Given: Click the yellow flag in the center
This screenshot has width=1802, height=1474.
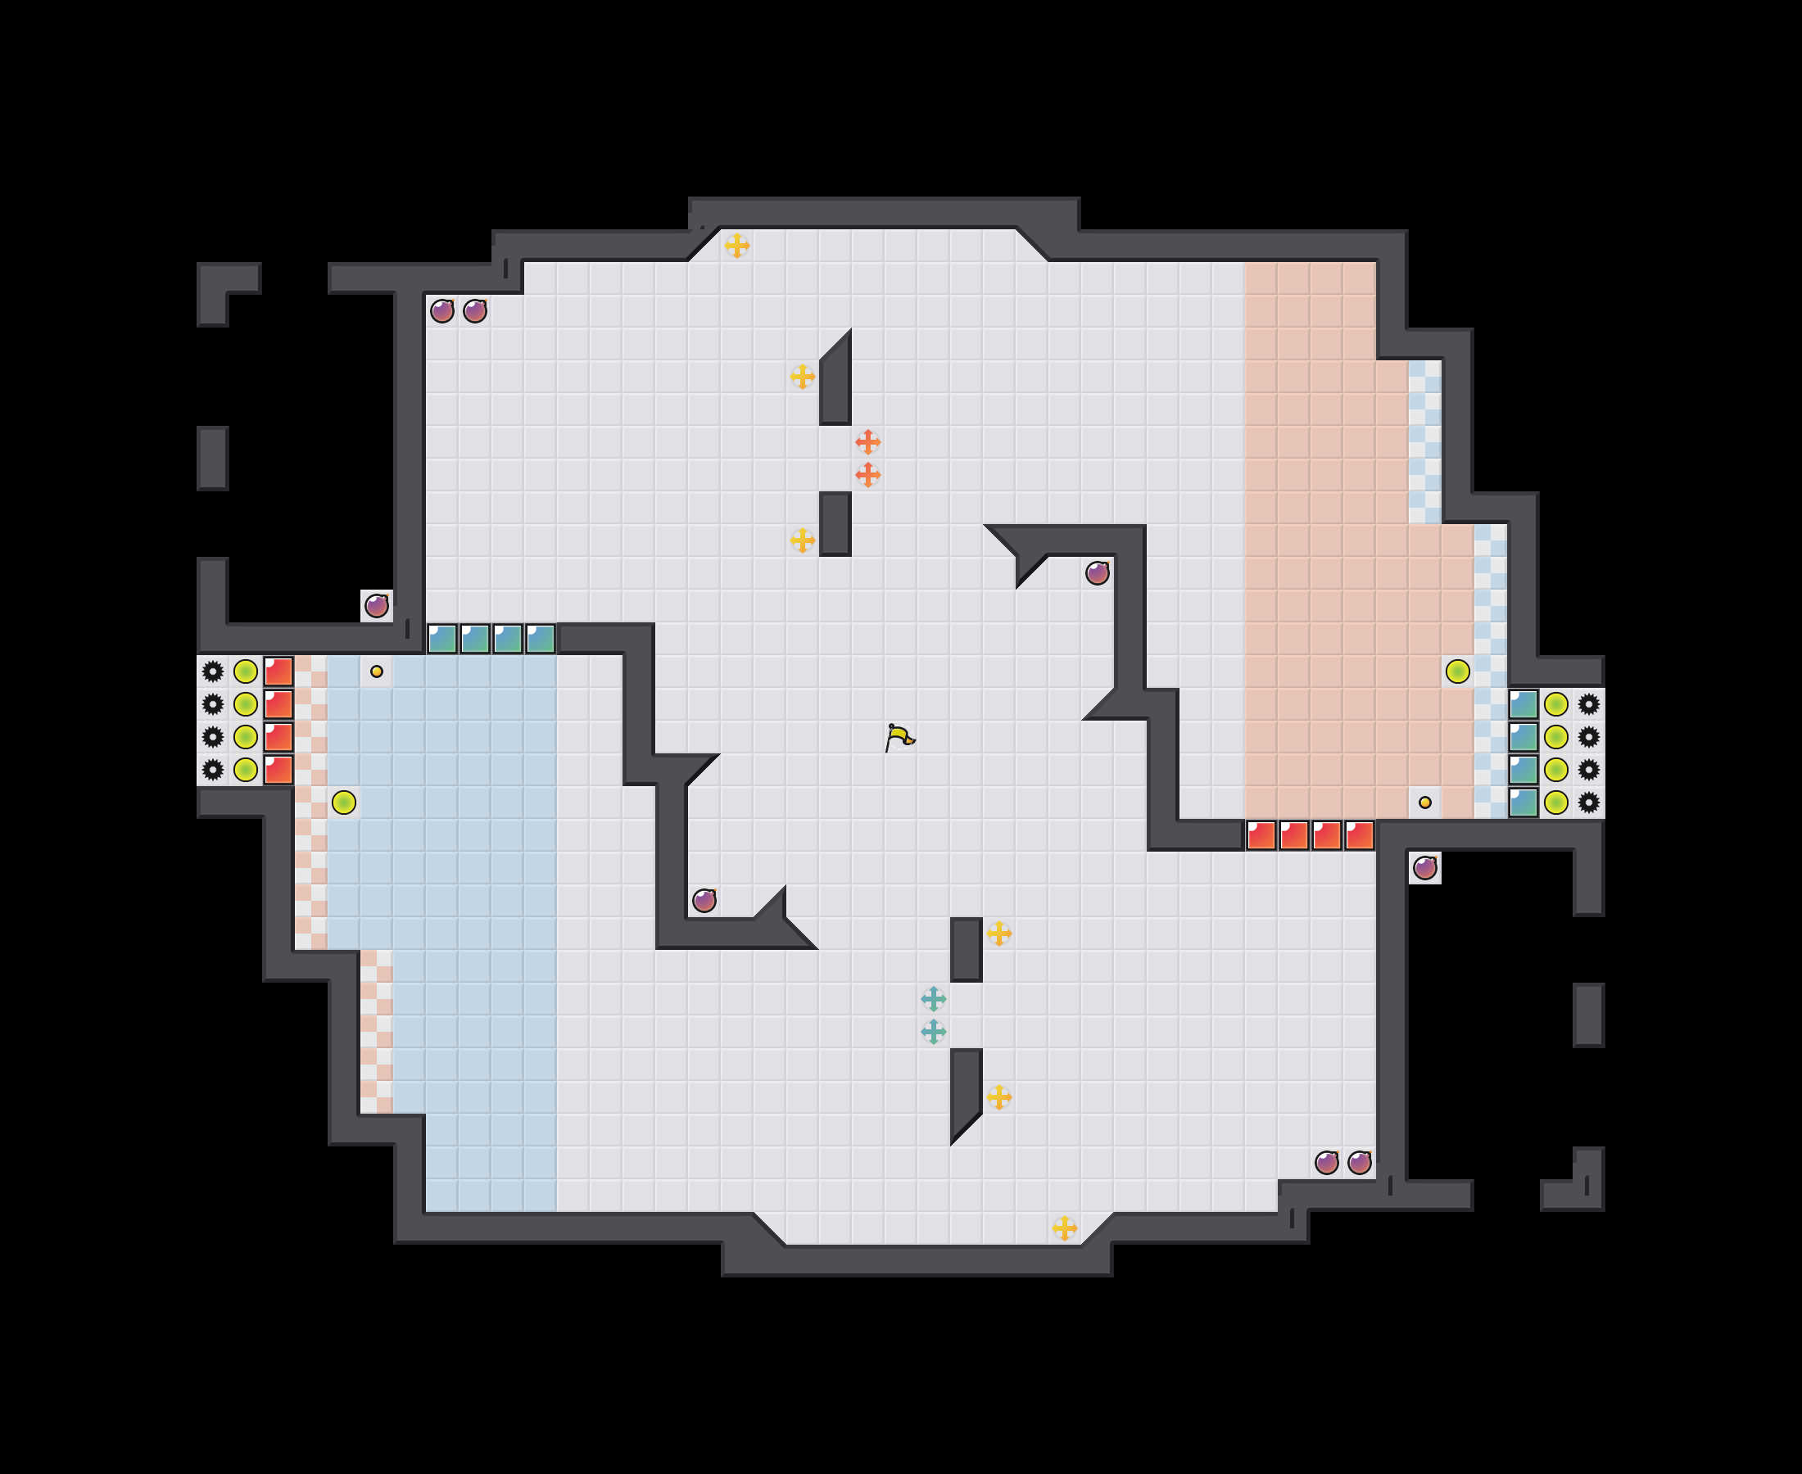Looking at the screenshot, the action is [899, 737].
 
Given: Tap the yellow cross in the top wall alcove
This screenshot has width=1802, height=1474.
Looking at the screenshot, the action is [737, 246].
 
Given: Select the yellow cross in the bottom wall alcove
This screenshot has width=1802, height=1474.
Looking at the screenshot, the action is [1064, 1228].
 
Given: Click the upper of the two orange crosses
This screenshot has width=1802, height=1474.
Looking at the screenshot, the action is [867, 442].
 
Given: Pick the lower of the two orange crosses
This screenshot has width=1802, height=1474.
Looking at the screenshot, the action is [867, 475].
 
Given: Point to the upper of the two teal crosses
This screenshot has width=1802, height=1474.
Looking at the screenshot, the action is [933, 998].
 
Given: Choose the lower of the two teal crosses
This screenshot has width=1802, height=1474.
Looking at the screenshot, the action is [933, 1032].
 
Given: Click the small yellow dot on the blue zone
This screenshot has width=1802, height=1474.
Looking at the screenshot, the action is [376, 671].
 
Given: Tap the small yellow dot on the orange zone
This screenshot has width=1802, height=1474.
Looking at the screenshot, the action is [1425, 803].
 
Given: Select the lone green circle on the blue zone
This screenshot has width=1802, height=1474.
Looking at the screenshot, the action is [344, 803].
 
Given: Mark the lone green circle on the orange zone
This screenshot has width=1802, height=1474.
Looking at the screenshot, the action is [1457, 671].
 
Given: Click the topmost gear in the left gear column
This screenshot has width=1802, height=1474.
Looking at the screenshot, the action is [212, 671].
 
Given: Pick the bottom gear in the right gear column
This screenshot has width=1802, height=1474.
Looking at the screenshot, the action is [1589, 803].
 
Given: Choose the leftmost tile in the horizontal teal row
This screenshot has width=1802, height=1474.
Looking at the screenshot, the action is [441, 639].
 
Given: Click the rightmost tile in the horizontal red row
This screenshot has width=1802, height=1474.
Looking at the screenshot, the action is [1360, 835].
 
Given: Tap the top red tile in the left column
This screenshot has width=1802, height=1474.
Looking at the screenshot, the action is [278, 671].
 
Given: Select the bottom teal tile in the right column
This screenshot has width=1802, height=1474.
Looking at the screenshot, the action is [1524, 803].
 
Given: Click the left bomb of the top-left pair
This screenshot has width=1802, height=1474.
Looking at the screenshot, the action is [441, 310].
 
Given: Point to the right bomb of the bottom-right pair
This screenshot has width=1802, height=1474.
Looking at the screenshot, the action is [1360, 1162].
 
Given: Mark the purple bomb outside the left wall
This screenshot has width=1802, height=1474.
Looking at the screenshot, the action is [376, 606].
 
